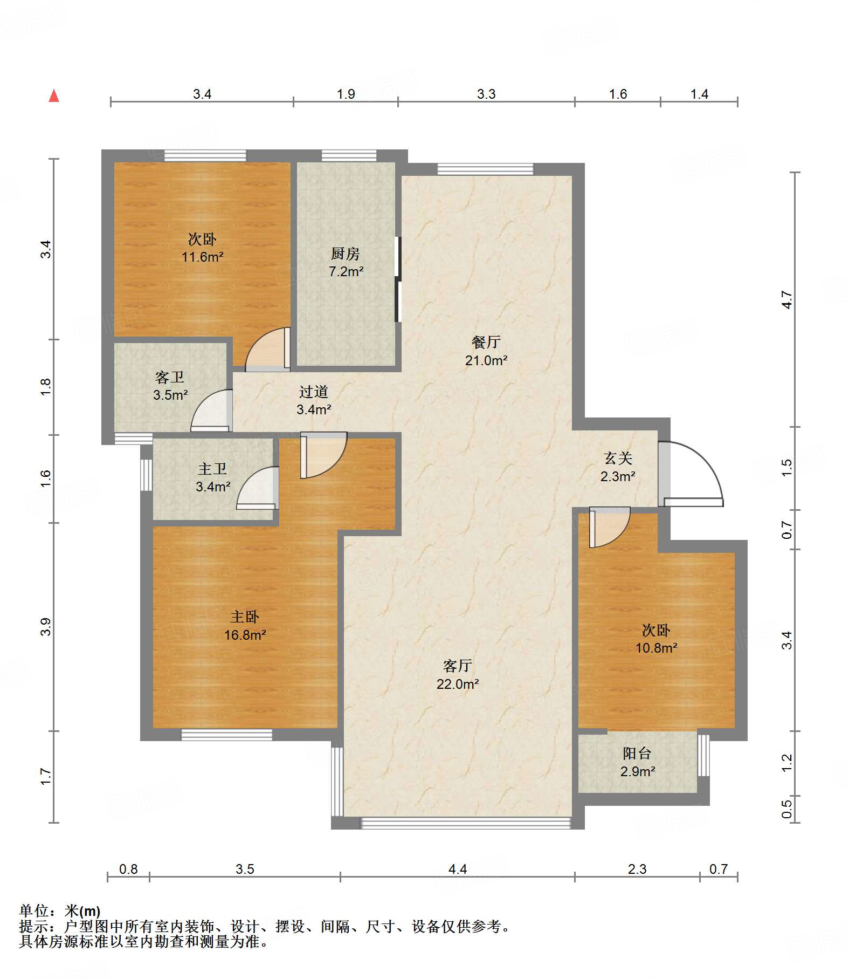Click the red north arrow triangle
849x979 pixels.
click(54, 96)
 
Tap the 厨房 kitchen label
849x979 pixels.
click(345, 253)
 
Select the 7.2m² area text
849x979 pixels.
click(346, 271)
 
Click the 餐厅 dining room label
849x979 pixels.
click(486, 342)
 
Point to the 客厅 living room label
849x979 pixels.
click(458, 666)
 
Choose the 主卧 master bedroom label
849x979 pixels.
click(245, 617)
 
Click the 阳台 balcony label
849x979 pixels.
click(637, 753)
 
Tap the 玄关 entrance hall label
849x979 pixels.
click(618, 458)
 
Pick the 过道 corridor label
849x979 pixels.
click(314, 392)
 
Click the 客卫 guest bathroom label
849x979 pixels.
click(170, 377)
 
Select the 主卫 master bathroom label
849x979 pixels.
click(212, 469)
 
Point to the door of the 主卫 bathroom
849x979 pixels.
click(258, 488)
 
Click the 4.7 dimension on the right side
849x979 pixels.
click(787, 299)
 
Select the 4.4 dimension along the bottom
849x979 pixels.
click(458, 869)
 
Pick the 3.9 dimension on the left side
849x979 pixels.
click(46, 627)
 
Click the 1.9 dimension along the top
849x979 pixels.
click(346, 94)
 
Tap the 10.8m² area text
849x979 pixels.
click(657, 648)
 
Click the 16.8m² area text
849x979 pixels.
click(245, 635)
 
